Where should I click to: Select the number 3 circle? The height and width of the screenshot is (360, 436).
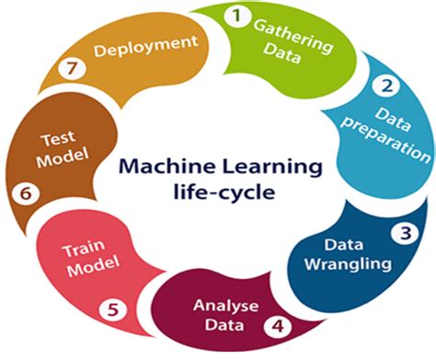[x=404, y=232]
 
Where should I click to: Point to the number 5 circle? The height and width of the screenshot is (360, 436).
[x=112, y=309]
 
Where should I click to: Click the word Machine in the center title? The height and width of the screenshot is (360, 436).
[x=156, y=168]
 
